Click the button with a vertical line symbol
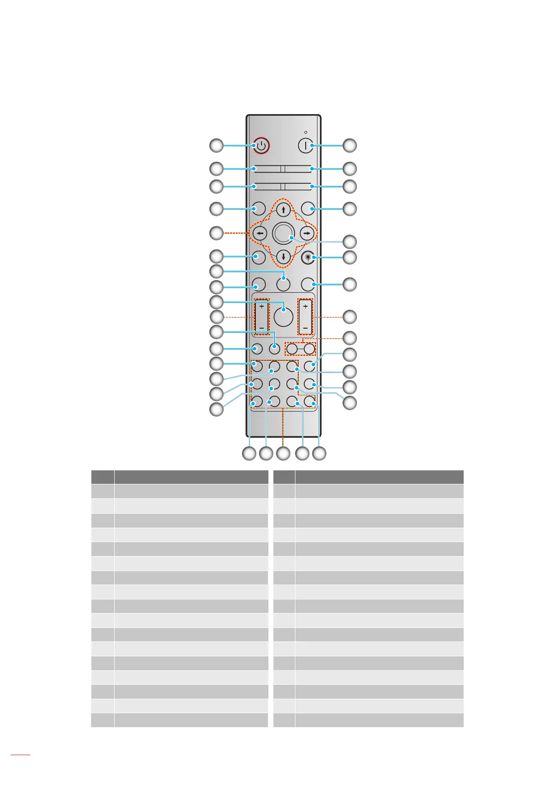[x=305, y=145]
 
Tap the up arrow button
[x=283, y=209]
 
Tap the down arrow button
[x=283, y=257]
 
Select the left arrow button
[x=259, y=233]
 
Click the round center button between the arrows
[x=283, y=233]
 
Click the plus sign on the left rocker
[x=261, y=307]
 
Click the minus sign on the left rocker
[x=261, y=328]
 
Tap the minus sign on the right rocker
[x=305, y=328]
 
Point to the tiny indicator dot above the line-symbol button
[x=306, y=132]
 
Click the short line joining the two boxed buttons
[x=301, y=348]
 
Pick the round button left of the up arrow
[x=259, y=208]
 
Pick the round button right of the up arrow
[x=308, y=208]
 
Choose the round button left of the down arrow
[x=259, y=257]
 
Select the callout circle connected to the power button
[x=216, y=146]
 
